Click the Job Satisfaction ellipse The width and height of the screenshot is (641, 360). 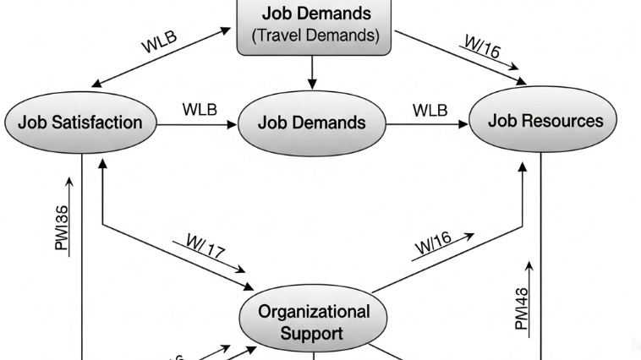point(81,122)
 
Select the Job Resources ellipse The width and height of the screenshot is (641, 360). point(545,121)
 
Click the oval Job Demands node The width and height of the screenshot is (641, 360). point(313,123)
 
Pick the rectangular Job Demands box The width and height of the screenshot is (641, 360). point(315,25)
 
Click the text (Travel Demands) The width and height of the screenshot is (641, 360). point(315,36)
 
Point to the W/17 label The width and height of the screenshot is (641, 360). point(206,248)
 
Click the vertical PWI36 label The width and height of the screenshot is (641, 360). point(63,227)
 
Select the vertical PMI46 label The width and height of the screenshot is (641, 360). point(522,308)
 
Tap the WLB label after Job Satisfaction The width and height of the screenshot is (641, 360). point(200,110)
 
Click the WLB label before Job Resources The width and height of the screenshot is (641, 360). point(430,110)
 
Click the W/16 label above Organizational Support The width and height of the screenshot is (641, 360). point(433,243)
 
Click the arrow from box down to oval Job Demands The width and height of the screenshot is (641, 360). point(312,72)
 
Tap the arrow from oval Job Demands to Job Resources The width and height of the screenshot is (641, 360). point(427,124)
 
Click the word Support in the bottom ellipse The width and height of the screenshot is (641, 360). point(313,333)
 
